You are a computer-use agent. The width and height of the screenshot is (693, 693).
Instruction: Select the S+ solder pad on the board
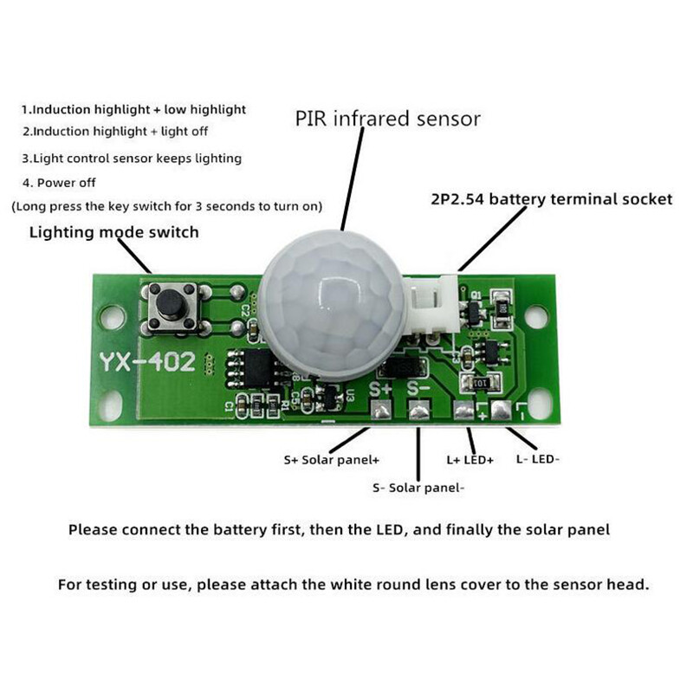click(x=381, y=411)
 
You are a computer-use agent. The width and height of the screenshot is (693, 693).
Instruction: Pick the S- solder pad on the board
click(x=418, y=412)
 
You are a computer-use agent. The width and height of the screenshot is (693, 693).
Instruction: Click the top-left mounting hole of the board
click(x=110, y=317)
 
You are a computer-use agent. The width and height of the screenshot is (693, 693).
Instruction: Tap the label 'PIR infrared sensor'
click(x=387, y=118)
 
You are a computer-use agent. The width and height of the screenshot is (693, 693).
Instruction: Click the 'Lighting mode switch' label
click(x=114, y=232)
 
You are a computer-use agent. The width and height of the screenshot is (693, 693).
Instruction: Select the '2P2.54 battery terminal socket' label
click(x=551, y=199)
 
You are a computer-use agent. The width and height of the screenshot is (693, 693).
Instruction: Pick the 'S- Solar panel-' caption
click(x=418, y=488)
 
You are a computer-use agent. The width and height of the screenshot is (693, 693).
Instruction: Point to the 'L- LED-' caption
click(x=538, y=459)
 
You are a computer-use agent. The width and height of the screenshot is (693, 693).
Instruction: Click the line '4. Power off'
click(x=60, y=183)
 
